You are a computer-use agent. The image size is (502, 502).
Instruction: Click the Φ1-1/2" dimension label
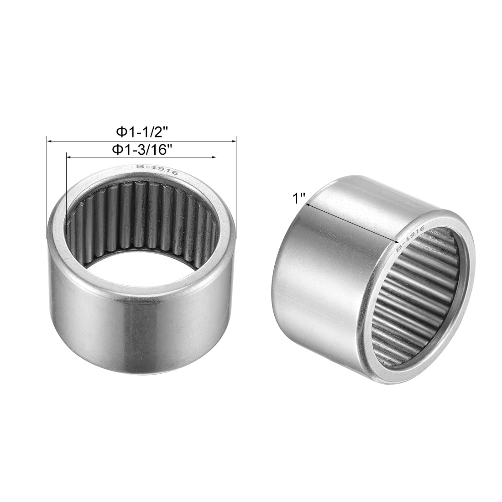[142, 132]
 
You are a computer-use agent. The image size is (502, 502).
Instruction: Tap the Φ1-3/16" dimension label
[142, 149]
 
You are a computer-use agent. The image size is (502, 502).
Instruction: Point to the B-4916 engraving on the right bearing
[410, 238]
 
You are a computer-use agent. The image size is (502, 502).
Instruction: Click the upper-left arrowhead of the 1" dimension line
[309, 206]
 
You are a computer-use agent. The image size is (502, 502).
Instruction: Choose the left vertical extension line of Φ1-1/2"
[47, 187]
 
